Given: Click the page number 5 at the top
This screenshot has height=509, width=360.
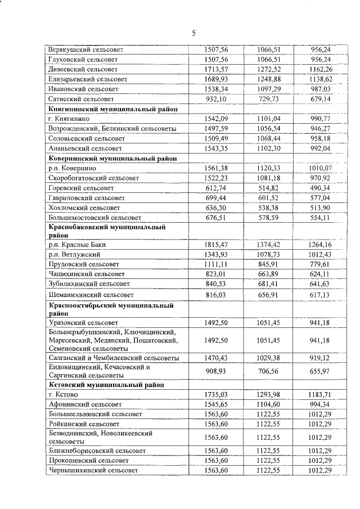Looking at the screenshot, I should tap(193, 33).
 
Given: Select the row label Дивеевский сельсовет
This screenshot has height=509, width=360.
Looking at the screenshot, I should tap(83, 69).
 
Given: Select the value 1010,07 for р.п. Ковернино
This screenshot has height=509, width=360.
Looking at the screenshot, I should tap(321, 168).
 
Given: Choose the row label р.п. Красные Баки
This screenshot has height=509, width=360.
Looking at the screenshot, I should tap(77, 245).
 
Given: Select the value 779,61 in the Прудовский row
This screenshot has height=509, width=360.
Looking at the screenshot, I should tap(321, 264).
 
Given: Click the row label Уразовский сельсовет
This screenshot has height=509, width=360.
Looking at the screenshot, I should tap(83, 323).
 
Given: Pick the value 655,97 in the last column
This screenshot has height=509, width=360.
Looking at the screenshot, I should tap(321, 371).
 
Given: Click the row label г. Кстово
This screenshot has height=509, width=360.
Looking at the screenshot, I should tap(65, 395).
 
